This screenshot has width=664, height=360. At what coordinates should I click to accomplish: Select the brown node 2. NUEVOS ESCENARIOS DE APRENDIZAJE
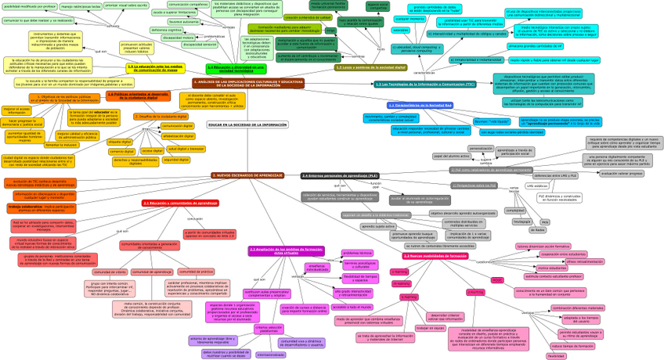click(247, 175)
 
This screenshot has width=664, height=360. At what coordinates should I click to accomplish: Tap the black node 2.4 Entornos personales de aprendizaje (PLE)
click(340, 175)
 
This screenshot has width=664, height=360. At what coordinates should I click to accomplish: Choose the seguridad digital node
click(176, 160)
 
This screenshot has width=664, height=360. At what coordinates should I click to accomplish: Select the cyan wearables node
click(400, 30)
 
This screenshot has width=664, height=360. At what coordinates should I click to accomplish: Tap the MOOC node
click(497, 279)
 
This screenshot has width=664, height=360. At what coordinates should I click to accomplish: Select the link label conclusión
click(483, 261)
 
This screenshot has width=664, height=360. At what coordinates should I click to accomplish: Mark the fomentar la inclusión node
click(60, 145)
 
